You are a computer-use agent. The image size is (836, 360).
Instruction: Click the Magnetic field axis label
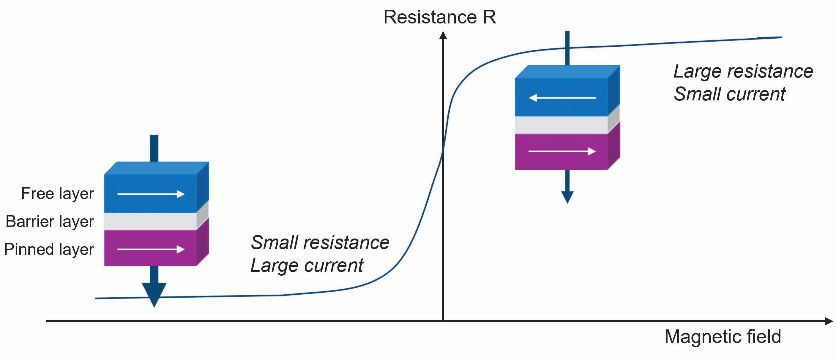723,337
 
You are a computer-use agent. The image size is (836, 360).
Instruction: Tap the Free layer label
57,193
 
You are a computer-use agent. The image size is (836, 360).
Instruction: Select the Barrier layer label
50,221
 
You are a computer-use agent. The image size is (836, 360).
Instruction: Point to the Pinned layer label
49,249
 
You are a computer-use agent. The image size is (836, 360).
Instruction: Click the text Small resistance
320,242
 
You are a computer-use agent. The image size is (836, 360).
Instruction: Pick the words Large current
307,266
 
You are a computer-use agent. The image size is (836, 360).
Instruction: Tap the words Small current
730,94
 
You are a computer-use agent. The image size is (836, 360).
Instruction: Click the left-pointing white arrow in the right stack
562,97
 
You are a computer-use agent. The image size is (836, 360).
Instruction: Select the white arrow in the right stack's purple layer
562,151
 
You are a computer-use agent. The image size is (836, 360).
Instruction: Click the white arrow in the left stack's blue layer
151,194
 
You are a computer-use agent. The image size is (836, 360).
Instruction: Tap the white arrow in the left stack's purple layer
151,249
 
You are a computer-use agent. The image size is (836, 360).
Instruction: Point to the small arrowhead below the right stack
567,197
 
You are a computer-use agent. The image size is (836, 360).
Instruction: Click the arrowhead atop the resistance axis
443,35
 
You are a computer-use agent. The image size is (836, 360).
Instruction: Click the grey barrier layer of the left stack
150,221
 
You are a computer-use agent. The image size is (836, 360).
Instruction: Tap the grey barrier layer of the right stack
561,125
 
